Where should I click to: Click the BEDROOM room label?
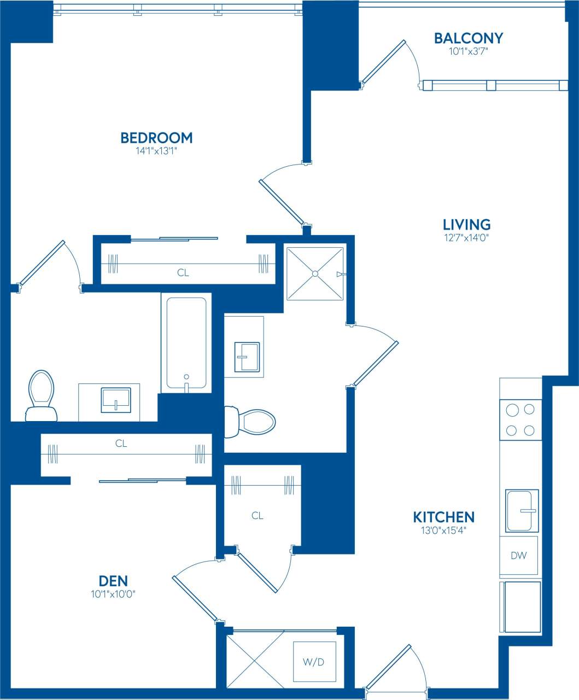(x=156, y=137)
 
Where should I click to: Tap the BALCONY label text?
(x=468, y=38)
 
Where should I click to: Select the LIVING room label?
(x=466, y=224)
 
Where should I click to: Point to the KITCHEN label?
(x=443, y=517)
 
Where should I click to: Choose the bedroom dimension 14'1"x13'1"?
(x=156, y=151)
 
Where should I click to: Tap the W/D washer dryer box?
(x=314, y=662)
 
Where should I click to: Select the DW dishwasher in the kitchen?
(x=518, y=556)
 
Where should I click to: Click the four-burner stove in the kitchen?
(x=520, y=419)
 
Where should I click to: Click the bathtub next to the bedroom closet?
(x=186, y=343)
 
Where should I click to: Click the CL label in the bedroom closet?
(x=183, y=272)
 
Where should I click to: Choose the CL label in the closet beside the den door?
(x=258, y=515)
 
